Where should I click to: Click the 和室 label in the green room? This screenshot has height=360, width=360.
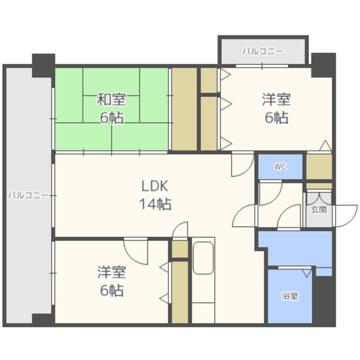coord(111,100)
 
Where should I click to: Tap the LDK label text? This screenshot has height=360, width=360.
coord(155,186)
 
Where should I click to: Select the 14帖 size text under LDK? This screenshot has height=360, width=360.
coord(155,204)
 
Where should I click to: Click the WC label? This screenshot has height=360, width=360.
coord(280,166)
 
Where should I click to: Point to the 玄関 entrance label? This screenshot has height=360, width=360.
coord(318,210)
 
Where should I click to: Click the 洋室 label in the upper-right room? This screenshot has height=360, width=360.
coord(276,100)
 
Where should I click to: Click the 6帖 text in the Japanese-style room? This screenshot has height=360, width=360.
coord(111,118)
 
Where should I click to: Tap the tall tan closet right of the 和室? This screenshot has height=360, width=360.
coord(183,110)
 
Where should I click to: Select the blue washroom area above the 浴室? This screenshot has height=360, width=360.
coord(292,247)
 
